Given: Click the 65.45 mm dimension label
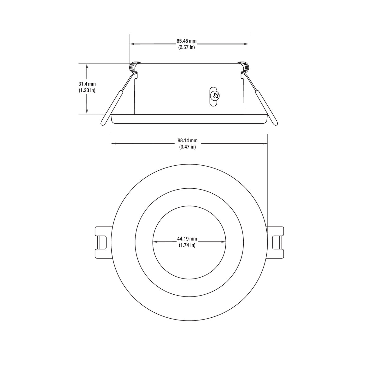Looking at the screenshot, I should click(186, 41).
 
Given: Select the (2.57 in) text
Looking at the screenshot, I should click(186, 48).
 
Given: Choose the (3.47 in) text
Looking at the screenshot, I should click(187, 147).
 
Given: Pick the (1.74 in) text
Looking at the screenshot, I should click(187, 245).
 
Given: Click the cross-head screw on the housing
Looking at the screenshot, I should click(214, 95).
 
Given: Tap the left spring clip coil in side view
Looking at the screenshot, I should click(134, 66).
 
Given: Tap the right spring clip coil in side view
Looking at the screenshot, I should click(244, 66).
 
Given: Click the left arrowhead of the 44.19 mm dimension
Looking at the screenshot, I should click(154, 242).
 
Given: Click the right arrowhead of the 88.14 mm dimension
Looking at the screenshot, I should click(265, 144).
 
